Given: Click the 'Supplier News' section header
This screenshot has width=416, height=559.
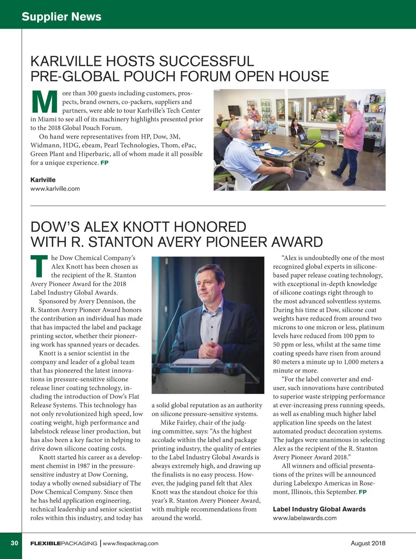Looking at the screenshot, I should [61, 16].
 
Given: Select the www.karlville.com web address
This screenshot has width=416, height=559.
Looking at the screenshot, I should [55, 189].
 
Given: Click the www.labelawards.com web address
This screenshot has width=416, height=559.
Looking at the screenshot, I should [305, 518].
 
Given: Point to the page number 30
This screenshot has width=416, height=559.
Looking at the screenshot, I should [14, 543].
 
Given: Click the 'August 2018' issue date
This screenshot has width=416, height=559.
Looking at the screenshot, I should [368, 543].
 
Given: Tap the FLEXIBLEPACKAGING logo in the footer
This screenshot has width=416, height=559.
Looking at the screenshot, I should [64, 543].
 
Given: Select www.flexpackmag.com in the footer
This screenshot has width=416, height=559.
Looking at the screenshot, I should [131, 543].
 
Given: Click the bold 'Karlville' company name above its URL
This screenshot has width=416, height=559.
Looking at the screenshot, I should [43, 180].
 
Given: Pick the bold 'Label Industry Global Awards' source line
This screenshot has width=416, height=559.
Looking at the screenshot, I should [319, 509].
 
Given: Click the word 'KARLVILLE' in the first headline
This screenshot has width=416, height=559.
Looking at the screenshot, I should [66, 61].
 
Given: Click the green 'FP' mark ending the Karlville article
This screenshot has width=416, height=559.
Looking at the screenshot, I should [104, 163].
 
